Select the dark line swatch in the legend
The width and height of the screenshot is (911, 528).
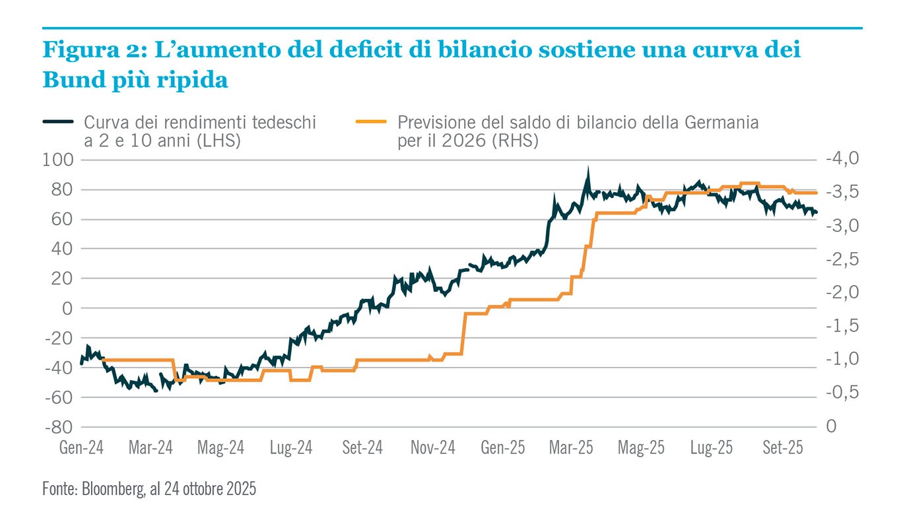pyautogui.click(x=58, y=122)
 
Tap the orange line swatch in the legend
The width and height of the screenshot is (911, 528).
pyautogui.click(x=372, y=122)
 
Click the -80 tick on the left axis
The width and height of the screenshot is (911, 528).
pyautogui.click(x=59, y=427)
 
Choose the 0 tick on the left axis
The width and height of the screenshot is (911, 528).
pyautogui.click(x=67, y=308)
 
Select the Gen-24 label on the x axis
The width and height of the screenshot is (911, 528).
pyautogui.click(x=82, y=448)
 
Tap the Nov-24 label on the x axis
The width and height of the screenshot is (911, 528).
pyautogui.click(x=433, y=448)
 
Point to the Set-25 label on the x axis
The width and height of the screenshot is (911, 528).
pyautogui.click(x=782, y=448)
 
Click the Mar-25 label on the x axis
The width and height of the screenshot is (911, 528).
pyautogui.click(x=572, y=448)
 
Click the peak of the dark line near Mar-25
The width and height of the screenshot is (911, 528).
pyautogui.click(x=587, y=169)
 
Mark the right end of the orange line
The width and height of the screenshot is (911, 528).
pyautogui.click(x=817, y=193)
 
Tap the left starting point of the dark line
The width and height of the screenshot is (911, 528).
pyautogui.click(x=81, y=363)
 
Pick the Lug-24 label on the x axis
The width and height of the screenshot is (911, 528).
pyautogui.click(x=291, y=448)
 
